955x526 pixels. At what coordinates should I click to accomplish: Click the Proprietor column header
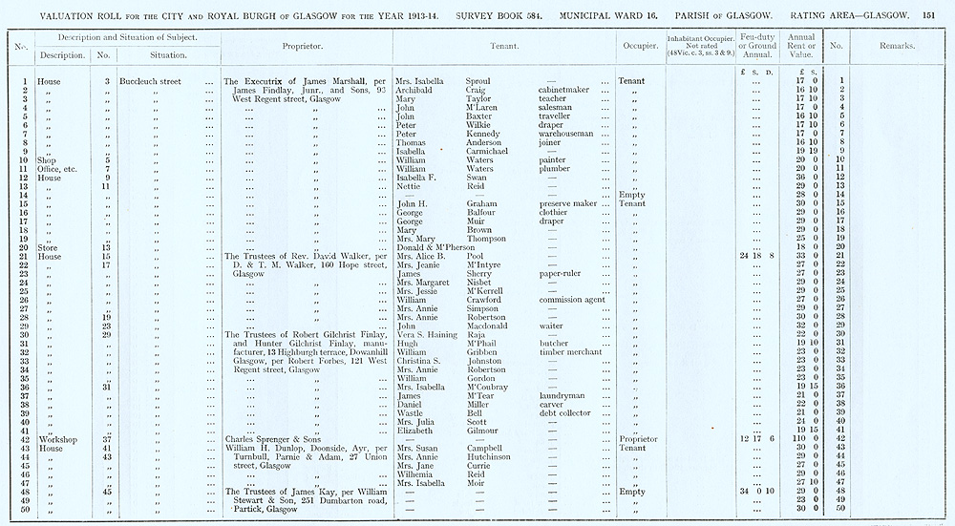pyautogui.click(x=307, y=46)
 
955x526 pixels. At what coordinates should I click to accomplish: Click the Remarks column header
pyautogui.click(x=896, y=46)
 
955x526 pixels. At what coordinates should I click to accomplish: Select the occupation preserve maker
pyautogui.click(x=568, y=203)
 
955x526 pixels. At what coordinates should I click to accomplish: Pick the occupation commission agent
pyautogui.click(x=572, y=300)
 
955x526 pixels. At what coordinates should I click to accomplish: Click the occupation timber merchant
pyautogui.click(x=571, y=351)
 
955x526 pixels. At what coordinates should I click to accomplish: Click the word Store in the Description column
pyautogui.click(x=48, y=247)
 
